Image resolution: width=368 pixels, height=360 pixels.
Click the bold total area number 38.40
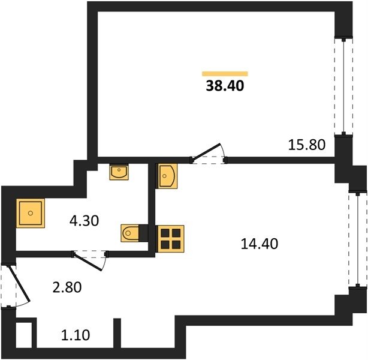point(225,86)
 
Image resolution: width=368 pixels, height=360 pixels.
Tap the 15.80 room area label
point(306,145)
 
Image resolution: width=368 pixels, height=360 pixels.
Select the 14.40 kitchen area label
point(260,244)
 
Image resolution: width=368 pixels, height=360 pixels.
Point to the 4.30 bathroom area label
point(85,221)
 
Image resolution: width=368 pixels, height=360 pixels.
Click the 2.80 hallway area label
point(67,287)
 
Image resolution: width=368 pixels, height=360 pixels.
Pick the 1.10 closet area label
point(76,335)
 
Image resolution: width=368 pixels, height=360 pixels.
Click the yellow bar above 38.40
point(225,74)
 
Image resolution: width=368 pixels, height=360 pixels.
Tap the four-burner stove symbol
point(171,239)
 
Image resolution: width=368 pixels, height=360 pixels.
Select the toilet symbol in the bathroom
point(130,233)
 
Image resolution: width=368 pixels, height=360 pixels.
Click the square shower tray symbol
point(31,213)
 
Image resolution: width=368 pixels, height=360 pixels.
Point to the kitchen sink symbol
point(168,176)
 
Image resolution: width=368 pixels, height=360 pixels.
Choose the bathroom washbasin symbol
point(119,172)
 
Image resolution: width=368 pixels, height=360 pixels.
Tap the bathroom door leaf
point(88,262)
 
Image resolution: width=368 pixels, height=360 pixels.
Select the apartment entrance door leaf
point(19,284)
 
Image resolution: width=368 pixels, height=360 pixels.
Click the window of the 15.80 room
point(343,86)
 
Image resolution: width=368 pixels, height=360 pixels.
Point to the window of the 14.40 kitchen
point(358,239)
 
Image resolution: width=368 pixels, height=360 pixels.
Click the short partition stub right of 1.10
point(117,333)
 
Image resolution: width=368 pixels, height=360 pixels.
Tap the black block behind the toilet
point(143,233)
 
